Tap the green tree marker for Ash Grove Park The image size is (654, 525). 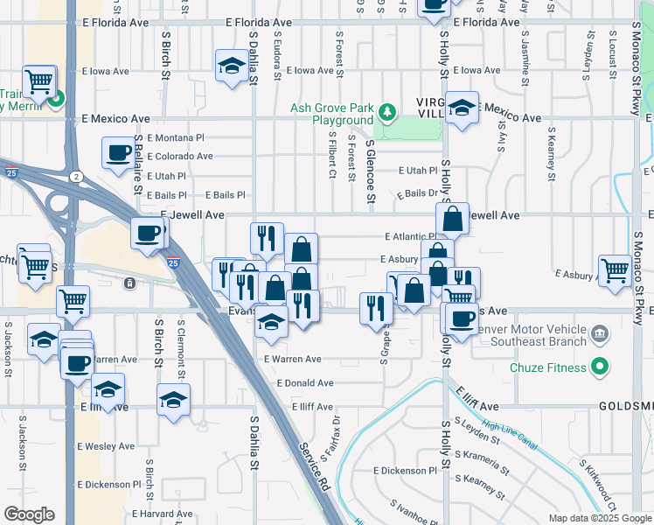pos(386,113)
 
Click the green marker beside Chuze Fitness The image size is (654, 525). pos(599,367)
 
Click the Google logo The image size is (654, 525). pos(29,514)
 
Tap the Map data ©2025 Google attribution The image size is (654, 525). pos(600,518)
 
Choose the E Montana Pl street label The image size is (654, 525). pos(175,137)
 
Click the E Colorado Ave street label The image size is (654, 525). pos(179,157)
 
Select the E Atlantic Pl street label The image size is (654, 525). pos(409,236)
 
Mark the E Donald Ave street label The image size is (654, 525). pos(305,383)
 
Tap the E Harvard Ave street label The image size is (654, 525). pos(163,514)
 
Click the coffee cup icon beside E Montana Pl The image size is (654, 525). pos(117,153)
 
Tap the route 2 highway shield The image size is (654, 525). pos(76,177)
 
